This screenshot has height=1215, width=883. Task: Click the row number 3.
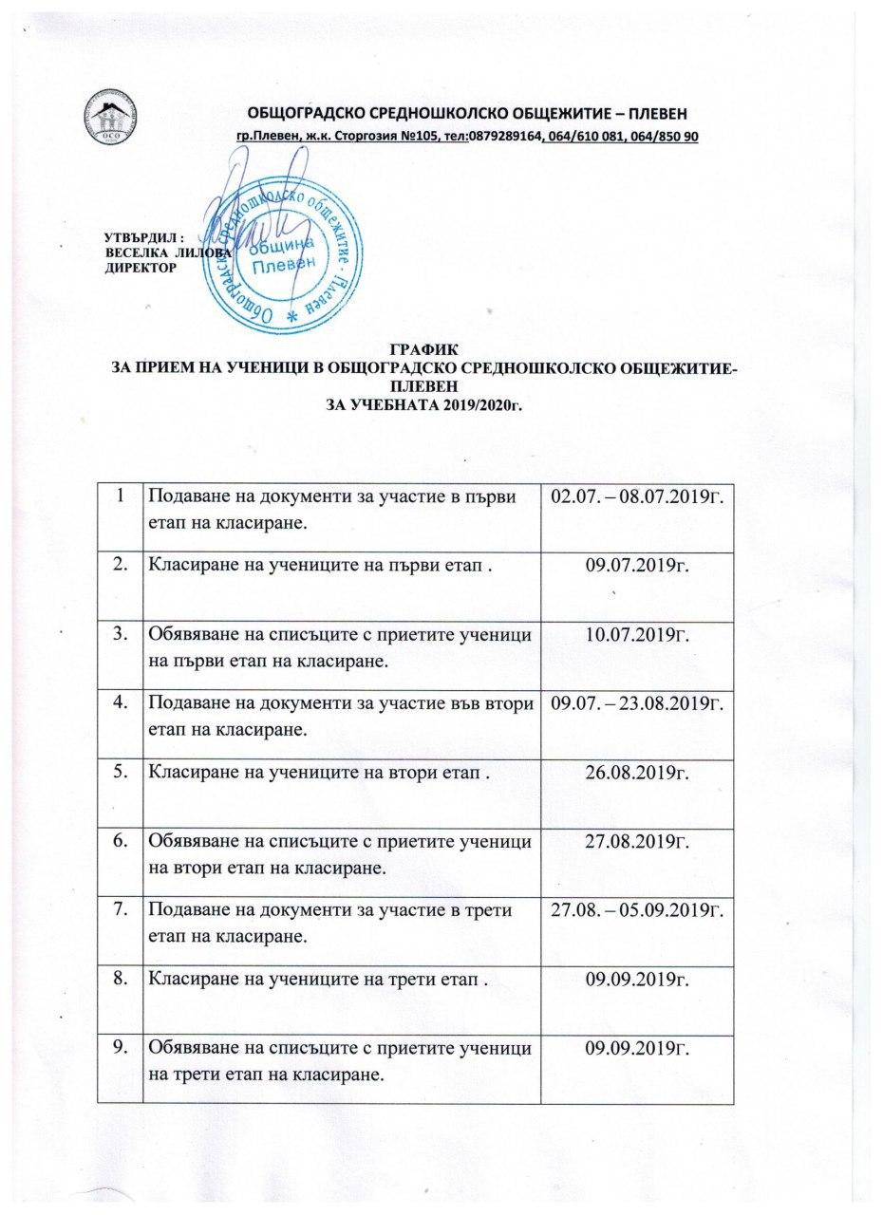click(x=121, y=634)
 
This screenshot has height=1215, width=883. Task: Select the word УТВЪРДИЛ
click(x=138, y=236)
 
